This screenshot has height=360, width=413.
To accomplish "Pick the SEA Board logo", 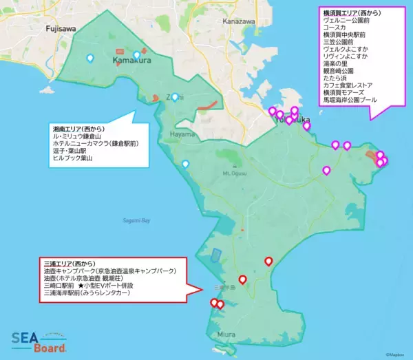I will [x=37, y=342].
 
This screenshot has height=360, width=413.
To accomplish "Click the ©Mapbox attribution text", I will [x=396, y=355].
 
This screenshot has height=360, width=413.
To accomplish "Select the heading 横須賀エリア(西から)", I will [x=352, y=13].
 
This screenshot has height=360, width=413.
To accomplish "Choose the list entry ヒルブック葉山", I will [x=72, y=158].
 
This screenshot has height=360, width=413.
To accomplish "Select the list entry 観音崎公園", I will [x=339, y=71].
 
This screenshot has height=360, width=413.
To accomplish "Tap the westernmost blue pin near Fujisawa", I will [x=89, y=59].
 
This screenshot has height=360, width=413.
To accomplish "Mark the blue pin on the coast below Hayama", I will [x=185, y=165].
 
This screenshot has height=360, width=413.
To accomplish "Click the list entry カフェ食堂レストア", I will [x=348, y=85].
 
